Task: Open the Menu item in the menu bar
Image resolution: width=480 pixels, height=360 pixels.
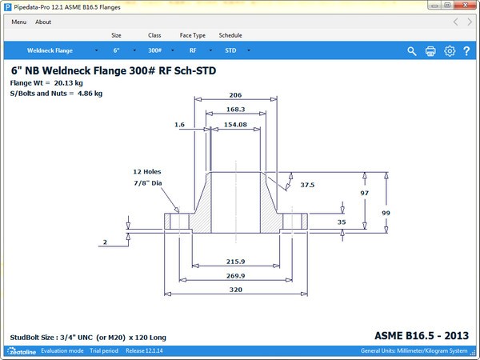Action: (18, 22)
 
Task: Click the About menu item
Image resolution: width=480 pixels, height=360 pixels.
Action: (43, 22)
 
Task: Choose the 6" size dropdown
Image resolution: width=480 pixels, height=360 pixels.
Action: (120, 50)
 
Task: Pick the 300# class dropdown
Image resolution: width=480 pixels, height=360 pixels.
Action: (158, 50)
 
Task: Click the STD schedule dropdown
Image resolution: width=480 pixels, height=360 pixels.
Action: (234, 50)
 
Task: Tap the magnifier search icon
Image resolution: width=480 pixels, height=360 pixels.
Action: (412, 51)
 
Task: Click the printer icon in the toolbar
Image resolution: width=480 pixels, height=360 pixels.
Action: (430, 51)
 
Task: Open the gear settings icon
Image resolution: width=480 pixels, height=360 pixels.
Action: (450, 51)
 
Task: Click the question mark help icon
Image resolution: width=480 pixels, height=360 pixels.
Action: (466, 51)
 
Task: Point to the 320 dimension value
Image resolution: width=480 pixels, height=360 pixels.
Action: (235, 290)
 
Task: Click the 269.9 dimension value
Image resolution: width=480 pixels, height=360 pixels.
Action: (235, 275)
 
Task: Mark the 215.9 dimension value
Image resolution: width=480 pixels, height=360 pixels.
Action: (235, 261)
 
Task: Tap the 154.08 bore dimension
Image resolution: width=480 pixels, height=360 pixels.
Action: (235, 125)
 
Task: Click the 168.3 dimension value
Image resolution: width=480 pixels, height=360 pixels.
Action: (235, 110)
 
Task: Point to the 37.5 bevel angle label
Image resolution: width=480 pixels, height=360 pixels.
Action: (307, 185)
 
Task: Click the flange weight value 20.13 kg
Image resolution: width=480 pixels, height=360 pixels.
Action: (69, 82)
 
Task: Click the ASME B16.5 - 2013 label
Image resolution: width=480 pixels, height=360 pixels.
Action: (422, 334)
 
